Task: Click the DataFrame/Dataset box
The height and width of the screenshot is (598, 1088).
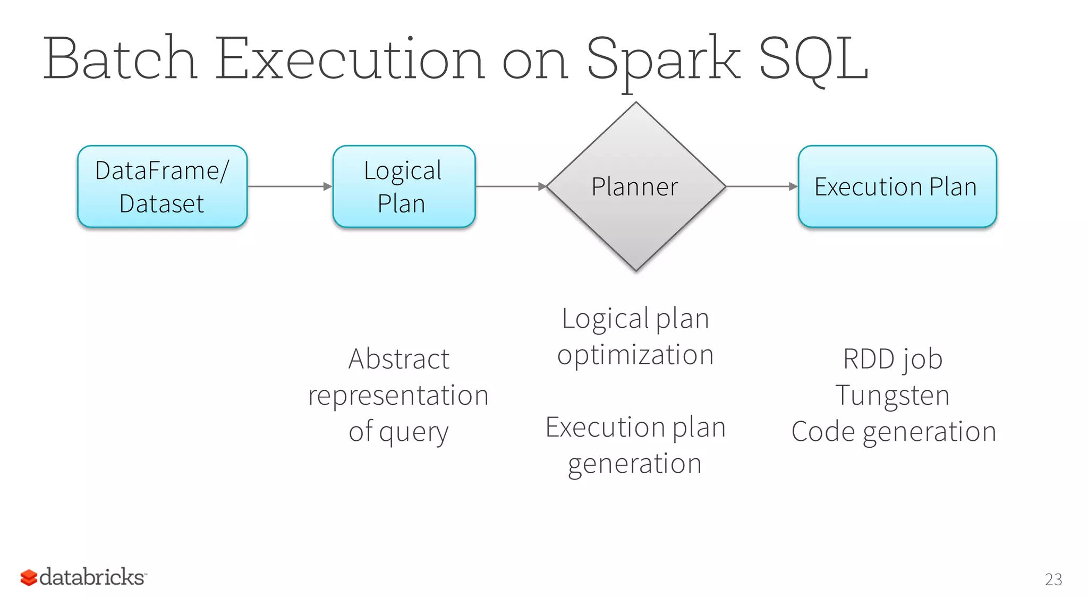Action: click(x=162, y=186)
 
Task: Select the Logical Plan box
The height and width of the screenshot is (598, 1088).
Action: click(x=404, y=186)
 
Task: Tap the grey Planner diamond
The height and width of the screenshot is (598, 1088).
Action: click(x=635, y=186)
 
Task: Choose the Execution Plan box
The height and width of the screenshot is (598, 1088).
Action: click(x=897, y=186)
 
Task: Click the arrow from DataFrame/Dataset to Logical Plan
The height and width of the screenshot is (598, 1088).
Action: click(x=290, y=186)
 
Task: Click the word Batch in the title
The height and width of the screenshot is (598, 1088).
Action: click(x=120, y=58)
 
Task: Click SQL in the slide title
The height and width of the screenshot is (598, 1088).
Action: click(x=813, y=58)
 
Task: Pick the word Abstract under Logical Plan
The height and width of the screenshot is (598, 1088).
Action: click(x=398, y=359)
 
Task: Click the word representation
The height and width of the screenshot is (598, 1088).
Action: click(x=398, y=396)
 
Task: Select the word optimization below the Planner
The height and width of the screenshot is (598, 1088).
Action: click(x=635, y=355)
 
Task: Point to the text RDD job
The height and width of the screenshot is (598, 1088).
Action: click(x=892, y=360)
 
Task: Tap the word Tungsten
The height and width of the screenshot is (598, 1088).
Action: click(x=892, y=396)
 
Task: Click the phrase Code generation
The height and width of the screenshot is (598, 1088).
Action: click(x=894, y=432)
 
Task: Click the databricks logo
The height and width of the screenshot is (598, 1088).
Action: click(x=83, y=577)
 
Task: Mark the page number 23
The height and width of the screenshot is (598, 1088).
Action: click(x=1053, y=579)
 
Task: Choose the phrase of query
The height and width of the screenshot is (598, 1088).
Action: click(x=398, y=432)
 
